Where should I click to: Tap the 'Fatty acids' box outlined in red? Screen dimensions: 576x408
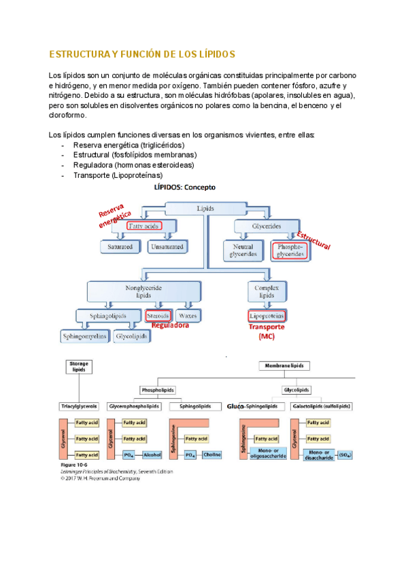(144, 226)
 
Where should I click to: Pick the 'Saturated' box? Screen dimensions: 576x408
(120, 247)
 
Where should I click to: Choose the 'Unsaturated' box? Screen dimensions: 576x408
(167, 247)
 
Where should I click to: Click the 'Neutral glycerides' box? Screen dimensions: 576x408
(244, 251)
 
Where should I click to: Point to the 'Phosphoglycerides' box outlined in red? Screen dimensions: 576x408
(289, 251)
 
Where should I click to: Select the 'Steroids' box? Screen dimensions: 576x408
(158, 316)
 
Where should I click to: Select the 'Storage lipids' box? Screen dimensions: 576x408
(79, 367)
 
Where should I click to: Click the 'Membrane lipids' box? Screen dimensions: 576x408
(285, 365)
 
